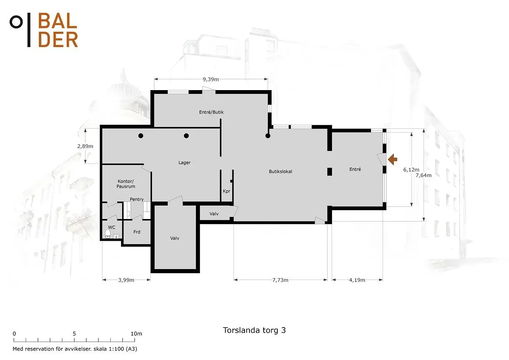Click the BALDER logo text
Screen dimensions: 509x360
pyautogui.click(x=58, y=30)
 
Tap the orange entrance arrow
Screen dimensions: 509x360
pyautogui.click(x=393, y=159)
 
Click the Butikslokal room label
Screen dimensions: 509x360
pyautogui.click(x=280, y=171)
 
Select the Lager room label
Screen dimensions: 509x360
pyautogui.click(x=184, y=163)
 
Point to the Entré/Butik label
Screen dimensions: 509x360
pyautogui.click(x=211, y=112)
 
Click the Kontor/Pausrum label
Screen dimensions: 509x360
pyautogui.click(x=126, y=184)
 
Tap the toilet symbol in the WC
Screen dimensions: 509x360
pyautogui.click(x=108, y=234)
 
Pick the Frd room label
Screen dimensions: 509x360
pyautogui.click(x=137, y=232)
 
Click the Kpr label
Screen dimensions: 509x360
pyautogui.click(x=227, y=191)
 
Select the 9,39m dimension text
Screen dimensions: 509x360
pyautogui.click(x=211, y=79)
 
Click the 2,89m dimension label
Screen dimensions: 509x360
pyautogui.click(x=85, y=146)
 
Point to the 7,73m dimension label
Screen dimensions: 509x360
pyautogui.click(x=280, y=280)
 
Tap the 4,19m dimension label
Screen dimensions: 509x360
pyautogui.click(x=357, y=280)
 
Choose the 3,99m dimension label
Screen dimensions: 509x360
pyautogui.click(x=126, y=280)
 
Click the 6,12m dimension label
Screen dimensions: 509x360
pyautogui.click(x=411, y=170)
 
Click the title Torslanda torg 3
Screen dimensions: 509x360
pyautogui.click(x=254, y=330)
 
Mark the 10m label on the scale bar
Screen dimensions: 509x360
pyautogui.click(x=136, y=334)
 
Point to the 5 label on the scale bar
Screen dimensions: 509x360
pyautogui.click(x=74, y=334)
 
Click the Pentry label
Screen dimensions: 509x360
pyautogui.click(x=136, y=199)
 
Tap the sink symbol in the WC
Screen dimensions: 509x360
pyautogui.click(x=116, y=236)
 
